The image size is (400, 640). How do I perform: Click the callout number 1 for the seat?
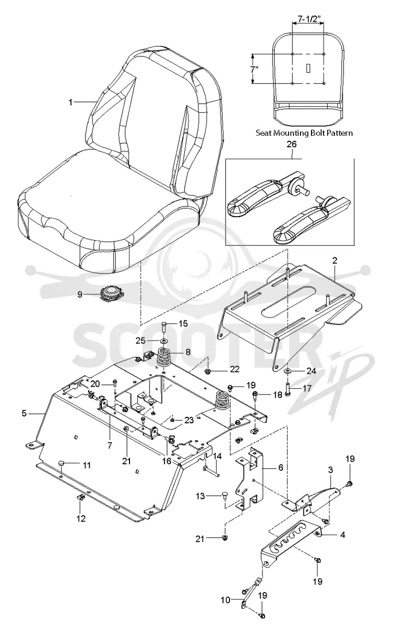point(70,102)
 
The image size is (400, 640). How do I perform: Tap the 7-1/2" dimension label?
point(309,18)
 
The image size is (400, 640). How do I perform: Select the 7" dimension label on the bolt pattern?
point(254,69)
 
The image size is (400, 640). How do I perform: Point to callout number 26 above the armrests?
point(292,144)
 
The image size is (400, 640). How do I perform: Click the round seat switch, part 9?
point(111,294)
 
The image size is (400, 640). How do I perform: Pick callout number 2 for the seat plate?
point(335,261)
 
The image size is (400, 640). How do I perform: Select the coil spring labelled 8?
point(165,356)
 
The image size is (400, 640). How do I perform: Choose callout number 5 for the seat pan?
point(24,413)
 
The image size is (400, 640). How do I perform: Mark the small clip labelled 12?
point(80,497)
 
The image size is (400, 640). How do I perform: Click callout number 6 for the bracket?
point(280,467)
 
